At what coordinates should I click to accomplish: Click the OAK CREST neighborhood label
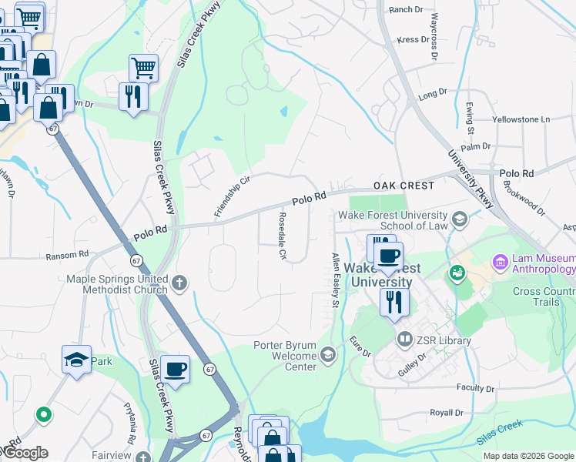[x=404, y=186]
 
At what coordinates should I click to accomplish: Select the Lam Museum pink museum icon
[x=501, y=263]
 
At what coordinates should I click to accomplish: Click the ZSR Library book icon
[x=404, y=339]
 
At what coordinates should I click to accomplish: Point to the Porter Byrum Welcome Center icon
[x=328, y=354]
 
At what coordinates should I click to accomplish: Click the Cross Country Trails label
[x=544, y=296]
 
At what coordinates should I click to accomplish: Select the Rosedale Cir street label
[x=283, y=236]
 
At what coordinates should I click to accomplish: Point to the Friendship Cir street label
[x=233, y=196]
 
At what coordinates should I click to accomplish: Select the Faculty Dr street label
[x=474, y=387]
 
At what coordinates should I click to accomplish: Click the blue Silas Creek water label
[x=499, y=432]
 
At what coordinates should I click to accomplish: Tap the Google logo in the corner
[x=25, y=453]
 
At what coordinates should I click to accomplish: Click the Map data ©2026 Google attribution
[x=528, y=456]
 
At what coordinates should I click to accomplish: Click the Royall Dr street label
[x=447, y=413]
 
